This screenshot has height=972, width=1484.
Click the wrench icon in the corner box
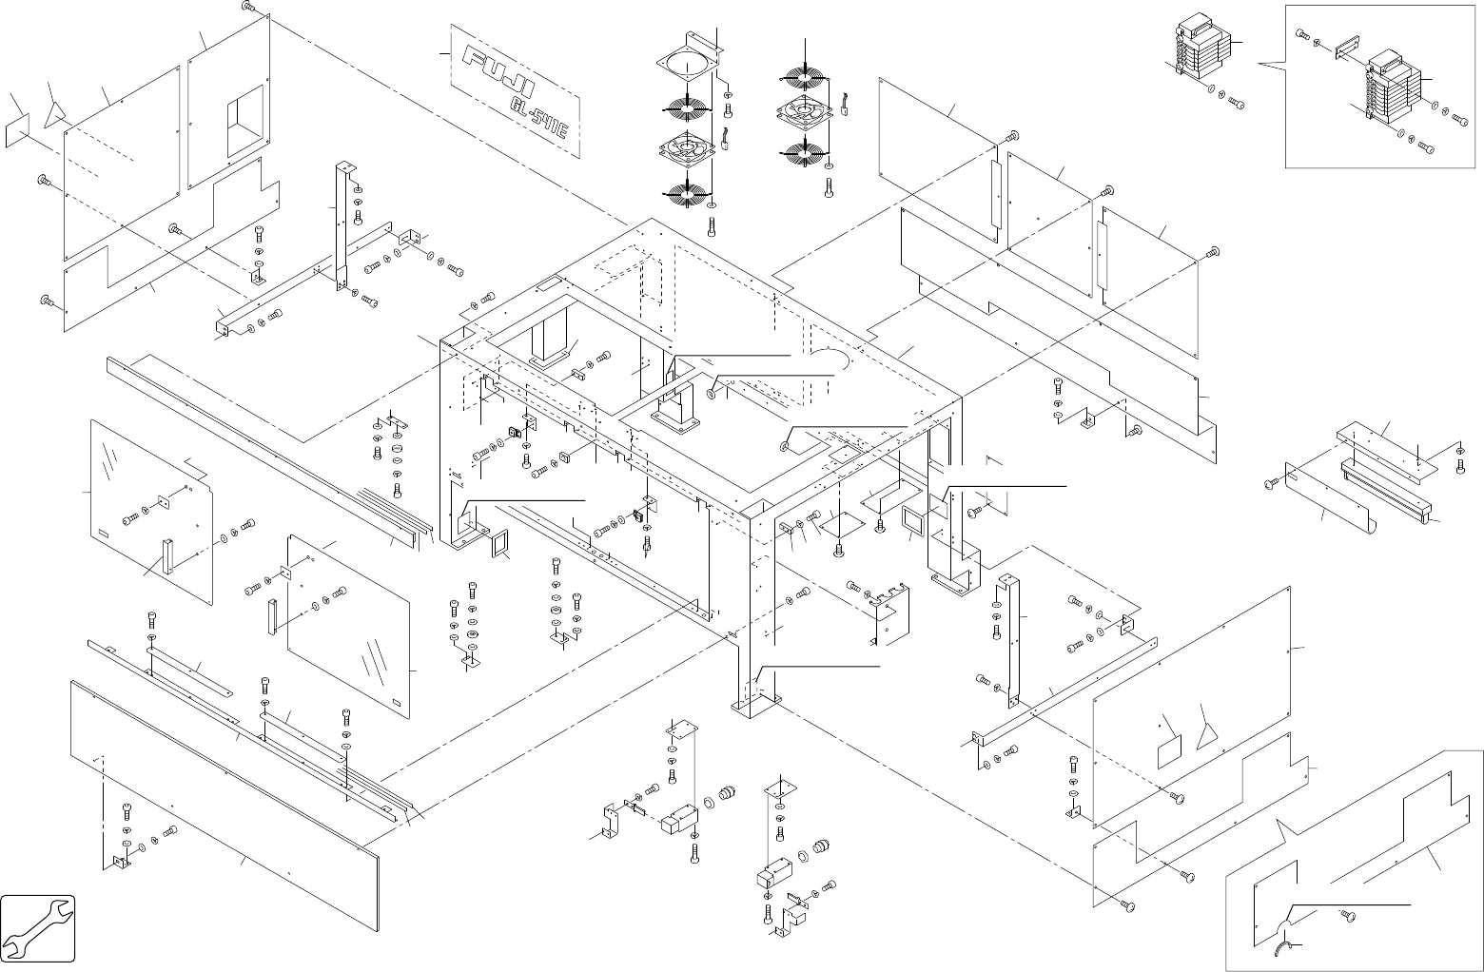pos(38,928)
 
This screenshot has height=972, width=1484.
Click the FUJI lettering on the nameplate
pos(498,74)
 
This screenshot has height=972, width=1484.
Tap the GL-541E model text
pos(540,119)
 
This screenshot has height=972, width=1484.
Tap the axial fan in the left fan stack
pos(688,149)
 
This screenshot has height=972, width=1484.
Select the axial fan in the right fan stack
pos(805,113)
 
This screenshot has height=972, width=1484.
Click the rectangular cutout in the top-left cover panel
pos(245,121)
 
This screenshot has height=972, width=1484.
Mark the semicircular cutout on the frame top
pos(829,359)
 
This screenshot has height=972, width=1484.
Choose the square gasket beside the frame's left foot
pos(499,544)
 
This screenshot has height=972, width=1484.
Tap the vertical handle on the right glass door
pos(272,616)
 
